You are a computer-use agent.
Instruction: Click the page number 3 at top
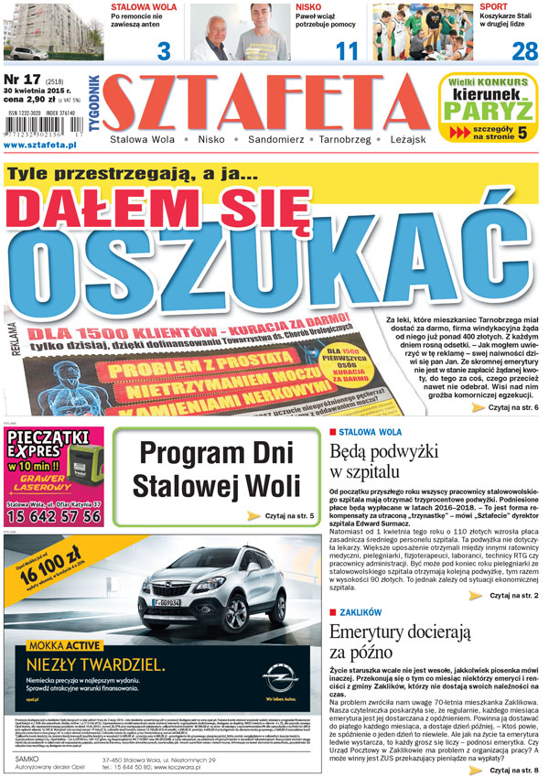click(x=164, y=50)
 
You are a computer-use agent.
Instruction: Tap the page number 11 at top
click(x=346, y=50)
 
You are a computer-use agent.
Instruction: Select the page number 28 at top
click(x=524, y=50)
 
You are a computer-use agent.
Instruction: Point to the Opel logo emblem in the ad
click(x=278, y=679)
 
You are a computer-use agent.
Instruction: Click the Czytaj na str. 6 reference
click(x=513, y=406)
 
